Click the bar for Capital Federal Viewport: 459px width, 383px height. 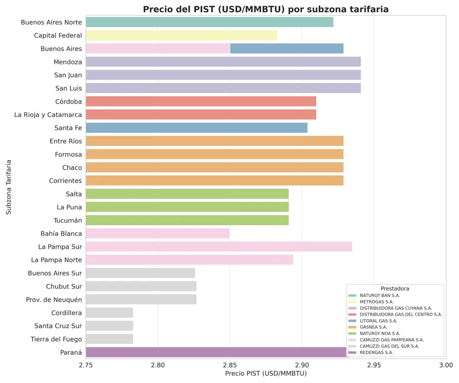[x=181, y=35]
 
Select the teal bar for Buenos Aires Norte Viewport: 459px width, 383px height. [x=209, y=22]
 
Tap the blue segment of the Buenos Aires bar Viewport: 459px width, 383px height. [x=287, y=49]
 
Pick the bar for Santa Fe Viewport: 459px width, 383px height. [x=196, y=128]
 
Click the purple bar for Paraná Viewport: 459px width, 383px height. [x=214, y=352]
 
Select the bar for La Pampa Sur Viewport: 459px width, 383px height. [x=219, y=247]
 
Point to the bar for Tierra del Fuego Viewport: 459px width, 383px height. [x=109, y=339]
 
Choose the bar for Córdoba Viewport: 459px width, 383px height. [x=201, y=101]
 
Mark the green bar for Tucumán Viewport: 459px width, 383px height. [x=187, y=220]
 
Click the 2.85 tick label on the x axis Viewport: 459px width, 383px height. [x=230, y=365]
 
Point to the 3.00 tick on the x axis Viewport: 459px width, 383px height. [x=446, y=365]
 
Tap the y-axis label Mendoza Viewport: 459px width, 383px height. [x=68, y=62]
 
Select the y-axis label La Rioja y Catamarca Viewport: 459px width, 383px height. [x=48, y=115]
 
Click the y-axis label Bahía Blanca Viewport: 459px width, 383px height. [x=61, y=233]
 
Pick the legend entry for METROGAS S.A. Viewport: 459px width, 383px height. [x=376, y=302]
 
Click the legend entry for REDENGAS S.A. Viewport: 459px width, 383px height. [x=376, y=352]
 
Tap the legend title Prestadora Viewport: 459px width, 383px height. [x=395, y=289]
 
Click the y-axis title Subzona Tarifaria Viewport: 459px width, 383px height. [x=9, y=187]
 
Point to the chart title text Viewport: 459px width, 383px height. [x=266, y=9]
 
